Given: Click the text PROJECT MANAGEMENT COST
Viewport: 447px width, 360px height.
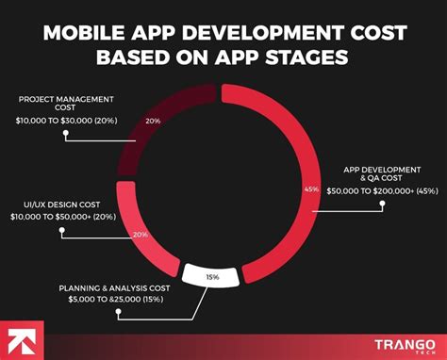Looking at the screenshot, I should pyautogui.click(x=65, y=99).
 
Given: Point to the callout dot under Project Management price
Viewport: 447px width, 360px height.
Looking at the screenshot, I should pyautogui.click(x=65, y=134).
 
